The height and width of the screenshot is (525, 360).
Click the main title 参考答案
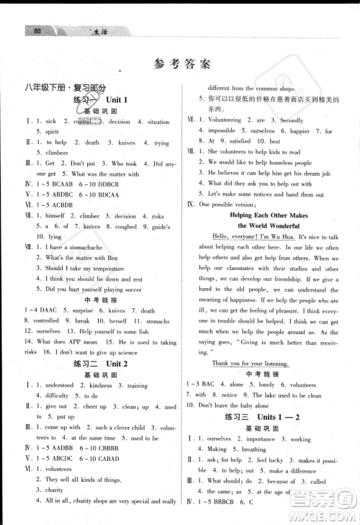click(x=181, y=63)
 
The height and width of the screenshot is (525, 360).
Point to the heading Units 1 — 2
click(x=279, y=418)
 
